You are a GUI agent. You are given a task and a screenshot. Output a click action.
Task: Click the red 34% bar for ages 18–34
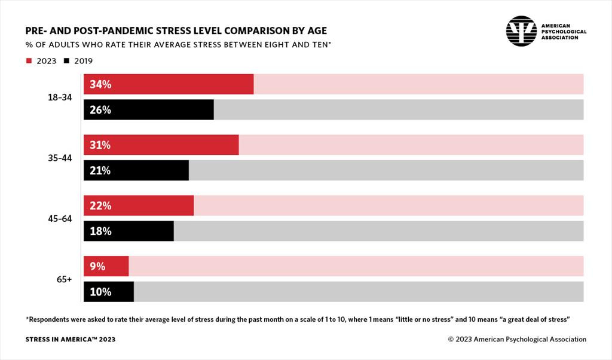(169, 84)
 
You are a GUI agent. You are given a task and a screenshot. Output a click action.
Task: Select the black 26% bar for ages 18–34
(148, 110)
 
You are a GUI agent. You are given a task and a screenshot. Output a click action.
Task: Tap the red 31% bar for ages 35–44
(161, 145)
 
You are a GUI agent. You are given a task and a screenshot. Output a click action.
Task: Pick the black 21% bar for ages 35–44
(136, 170)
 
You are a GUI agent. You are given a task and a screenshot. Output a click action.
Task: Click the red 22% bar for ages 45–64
(139, 206)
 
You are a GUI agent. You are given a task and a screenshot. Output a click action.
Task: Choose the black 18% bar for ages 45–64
(128, 231)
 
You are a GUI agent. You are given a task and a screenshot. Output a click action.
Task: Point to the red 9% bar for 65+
(106, 267)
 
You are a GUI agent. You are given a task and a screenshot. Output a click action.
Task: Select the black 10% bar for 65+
(108, 292)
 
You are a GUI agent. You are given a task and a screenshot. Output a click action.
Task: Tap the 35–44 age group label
(60, 158)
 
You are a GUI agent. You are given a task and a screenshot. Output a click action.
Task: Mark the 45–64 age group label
(60, 219)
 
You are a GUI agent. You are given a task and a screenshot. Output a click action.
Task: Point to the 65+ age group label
(64, 279)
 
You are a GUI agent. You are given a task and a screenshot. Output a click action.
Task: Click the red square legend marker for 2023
(28, 61)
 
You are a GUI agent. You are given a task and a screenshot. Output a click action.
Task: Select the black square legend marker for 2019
(66, 61)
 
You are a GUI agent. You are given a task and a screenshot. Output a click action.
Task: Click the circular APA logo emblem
(521, 31)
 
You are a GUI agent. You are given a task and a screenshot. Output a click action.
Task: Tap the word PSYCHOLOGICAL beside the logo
(564, 32)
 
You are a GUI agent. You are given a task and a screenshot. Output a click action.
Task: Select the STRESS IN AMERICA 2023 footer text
(71, 340)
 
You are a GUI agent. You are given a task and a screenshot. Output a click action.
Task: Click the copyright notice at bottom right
(517, 340)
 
